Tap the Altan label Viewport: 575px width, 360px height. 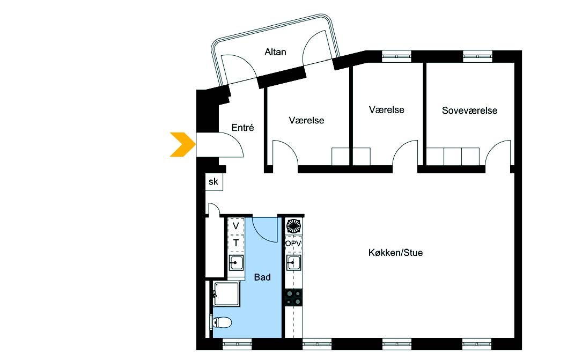coord(275,52)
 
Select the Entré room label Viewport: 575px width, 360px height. coord(242,127)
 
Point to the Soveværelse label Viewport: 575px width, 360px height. coord(469,111)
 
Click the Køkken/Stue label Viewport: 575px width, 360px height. coord(395,253)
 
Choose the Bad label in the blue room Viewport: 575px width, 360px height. coord(262,277)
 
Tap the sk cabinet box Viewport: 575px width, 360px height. coord(213,182)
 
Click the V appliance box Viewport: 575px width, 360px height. coord(236,226)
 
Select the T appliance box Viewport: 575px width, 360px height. coord(236,243)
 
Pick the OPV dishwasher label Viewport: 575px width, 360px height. coord(293,243)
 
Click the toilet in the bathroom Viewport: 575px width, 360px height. coord(221,322)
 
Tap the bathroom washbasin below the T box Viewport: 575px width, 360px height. coord(236,263)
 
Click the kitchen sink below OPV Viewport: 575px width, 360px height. coord(294,263)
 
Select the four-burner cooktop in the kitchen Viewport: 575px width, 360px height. coord(294,297)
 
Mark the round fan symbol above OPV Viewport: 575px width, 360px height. coord(293,226)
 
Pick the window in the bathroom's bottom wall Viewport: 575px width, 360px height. coord(237,344)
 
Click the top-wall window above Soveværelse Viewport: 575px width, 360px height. coord(477,56)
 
